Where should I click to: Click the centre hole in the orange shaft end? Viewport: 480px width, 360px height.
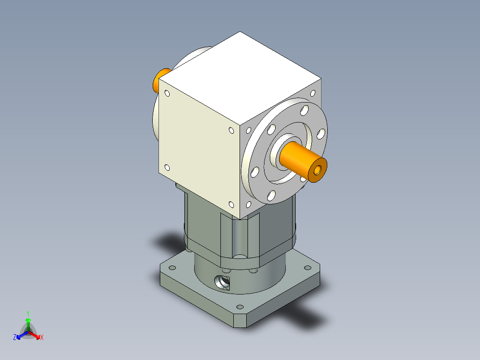pyautogui.click(x=317, y=170)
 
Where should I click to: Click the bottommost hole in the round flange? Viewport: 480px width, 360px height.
pyautogui.click(x=270, y=195)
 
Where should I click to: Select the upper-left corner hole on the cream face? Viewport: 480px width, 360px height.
pyautogui.click(x=167, y=94)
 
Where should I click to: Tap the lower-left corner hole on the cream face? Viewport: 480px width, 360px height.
pyautogui.click(x=167, y=168)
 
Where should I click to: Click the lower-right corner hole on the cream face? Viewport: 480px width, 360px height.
pyautogui.click(x=231, y=205)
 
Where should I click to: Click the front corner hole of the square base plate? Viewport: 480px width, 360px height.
pyautogui.click(x=240, y=307)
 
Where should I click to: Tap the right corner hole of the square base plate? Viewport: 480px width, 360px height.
pyautogui.click(x=307, y=268)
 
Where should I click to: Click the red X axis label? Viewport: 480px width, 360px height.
pyautogui.click(x=42, y=338)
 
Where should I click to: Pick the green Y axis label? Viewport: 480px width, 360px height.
pyautogui.click(x=28, y=313)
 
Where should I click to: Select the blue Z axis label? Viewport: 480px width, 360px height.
pyautogui.click(x=15, y=337)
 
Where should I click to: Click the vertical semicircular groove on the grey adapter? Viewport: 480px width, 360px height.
pyautogui.click(x=240, y=236)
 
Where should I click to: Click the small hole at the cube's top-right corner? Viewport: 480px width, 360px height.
pyautogui.click(x=313, y=93)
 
